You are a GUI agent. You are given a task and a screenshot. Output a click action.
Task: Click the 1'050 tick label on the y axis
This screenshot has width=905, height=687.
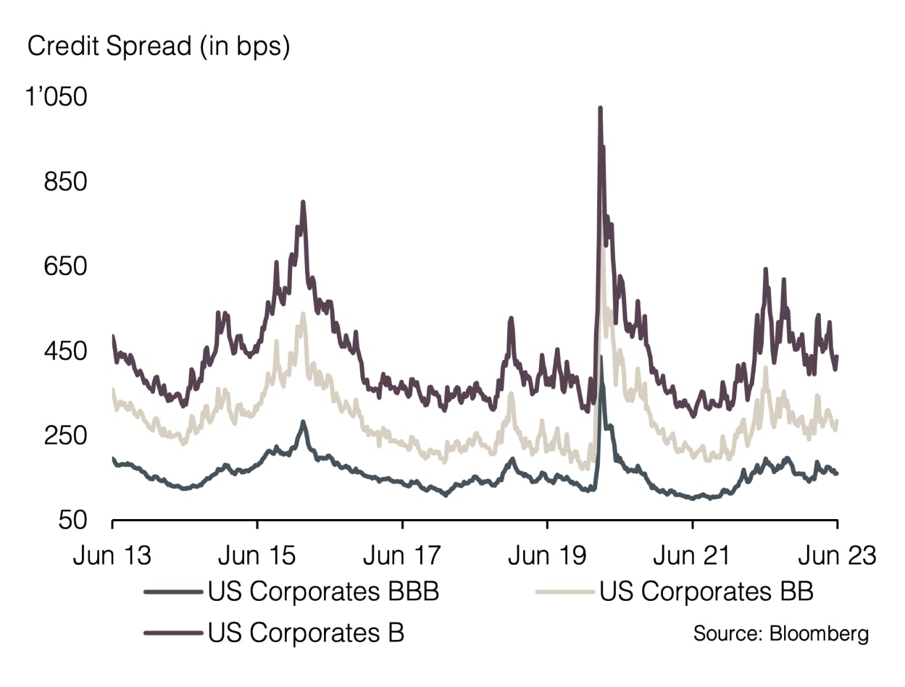[x=56, y=97]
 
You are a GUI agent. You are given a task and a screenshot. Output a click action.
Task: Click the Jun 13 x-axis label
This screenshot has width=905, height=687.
[x=112, y=556]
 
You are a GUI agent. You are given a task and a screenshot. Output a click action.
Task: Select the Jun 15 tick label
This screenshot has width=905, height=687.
[x=257, y=556]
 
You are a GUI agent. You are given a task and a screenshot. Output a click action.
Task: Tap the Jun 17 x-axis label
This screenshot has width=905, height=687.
[x=402, y=556]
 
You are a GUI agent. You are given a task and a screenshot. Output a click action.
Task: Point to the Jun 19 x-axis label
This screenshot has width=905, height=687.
[x=547, y=556]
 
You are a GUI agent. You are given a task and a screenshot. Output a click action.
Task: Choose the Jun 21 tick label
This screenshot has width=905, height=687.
[x=693, y=556]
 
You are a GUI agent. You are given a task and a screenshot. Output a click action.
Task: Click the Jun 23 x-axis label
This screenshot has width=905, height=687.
[x=838, y=556]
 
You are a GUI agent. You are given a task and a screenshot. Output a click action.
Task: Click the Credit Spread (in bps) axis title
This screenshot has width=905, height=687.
[x=158, y=47]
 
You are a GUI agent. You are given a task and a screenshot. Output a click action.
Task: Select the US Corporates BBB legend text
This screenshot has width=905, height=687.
[x=323, y=591]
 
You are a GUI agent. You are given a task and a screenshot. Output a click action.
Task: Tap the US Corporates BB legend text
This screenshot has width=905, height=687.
[x=706, y=591]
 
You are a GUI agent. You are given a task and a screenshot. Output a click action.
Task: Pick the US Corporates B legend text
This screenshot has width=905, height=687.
[x=306, y=632]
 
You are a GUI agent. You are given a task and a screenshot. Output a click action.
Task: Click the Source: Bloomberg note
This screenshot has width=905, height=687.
[x=781, y=633]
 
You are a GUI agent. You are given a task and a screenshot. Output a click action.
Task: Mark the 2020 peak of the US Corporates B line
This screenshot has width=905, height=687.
[x=600, y=109]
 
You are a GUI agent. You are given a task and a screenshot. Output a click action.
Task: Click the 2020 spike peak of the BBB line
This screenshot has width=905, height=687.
[x=601, y=357]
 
